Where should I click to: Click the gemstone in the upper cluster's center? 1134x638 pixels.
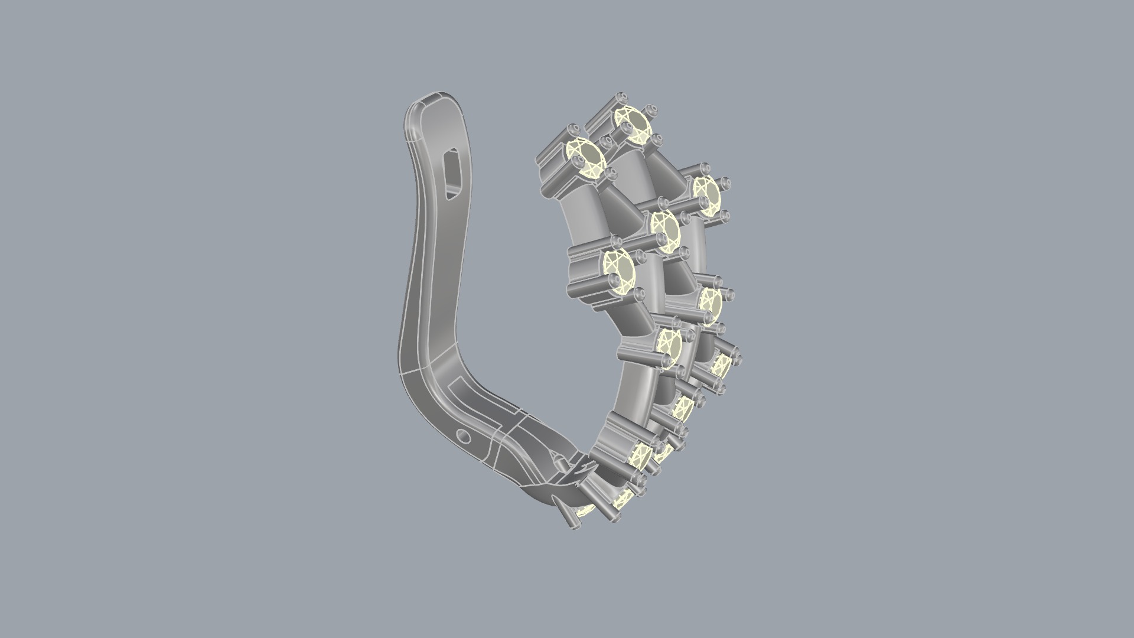coord(666,230)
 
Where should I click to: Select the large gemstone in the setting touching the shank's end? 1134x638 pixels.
coord(639,456)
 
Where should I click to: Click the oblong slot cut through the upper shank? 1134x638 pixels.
coord(454,172)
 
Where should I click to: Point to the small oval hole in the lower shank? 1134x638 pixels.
coord(464,437)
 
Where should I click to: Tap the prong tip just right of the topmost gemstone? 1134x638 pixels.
coord(651,110)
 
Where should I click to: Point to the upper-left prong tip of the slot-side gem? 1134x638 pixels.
coord(572,129)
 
